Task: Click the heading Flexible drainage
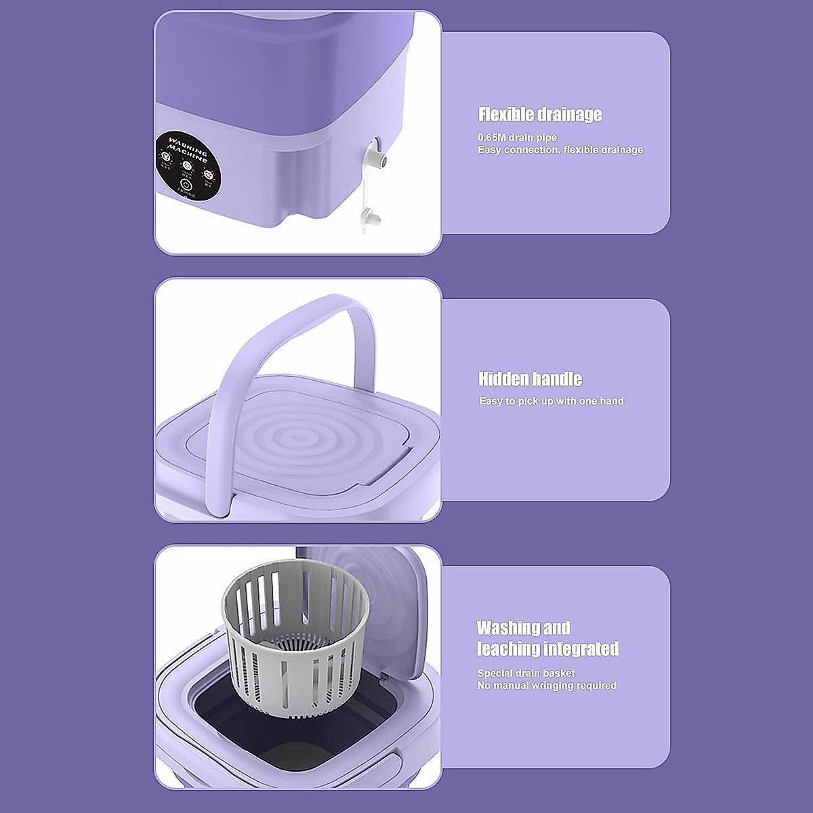click(540, 114)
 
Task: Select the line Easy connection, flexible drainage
click(560, 150)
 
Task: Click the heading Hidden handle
click(530, 379)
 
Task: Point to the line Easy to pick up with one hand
click(551, 401)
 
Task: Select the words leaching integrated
click(547, 649)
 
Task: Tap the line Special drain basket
click(526, 673)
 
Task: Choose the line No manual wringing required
click(547, 686)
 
